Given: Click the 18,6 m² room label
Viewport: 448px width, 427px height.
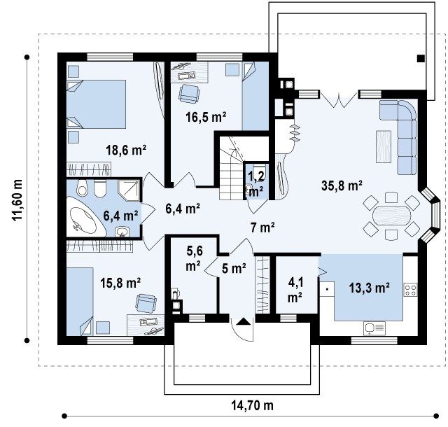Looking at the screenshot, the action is [126, 150].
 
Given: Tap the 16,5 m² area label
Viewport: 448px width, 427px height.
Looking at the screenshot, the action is [206, 117].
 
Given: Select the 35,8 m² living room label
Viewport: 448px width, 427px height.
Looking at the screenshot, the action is [342, 185].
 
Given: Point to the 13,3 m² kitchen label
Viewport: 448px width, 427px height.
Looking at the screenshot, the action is [369, 288].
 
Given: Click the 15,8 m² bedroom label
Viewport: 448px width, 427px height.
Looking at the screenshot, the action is [120, 283].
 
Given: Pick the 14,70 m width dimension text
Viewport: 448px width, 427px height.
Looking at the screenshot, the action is [252, 405].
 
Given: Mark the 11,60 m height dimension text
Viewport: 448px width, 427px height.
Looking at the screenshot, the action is [17, 199].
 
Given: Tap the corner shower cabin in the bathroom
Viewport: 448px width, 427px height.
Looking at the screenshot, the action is [129, 190].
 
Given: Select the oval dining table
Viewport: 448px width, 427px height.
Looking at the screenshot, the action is [391, 216].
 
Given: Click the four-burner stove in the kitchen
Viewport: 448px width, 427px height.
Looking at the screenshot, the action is [411, 290].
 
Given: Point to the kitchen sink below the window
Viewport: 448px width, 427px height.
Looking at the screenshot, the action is [374, 328].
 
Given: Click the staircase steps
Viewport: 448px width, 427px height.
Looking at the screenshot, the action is [230, 171].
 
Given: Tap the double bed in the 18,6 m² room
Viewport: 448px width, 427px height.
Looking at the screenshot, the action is [96, 104].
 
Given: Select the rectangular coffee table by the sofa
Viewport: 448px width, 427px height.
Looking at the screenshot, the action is [384, 146].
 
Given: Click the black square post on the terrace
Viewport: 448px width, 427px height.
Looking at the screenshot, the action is [421, 59].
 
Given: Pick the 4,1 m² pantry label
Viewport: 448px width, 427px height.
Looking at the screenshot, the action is [295, 290].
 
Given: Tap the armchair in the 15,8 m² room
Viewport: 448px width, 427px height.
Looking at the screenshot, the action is [146, 303].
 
